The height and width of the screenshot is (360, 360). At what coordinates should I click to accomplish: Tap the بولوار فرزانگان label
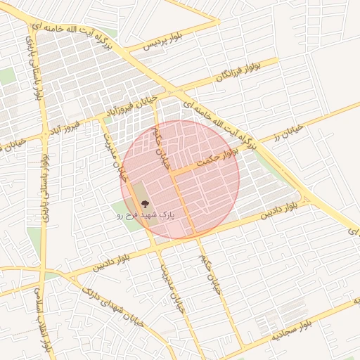coord(238,75)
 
